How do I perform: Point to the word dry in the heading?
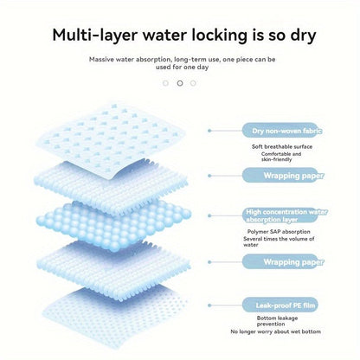coord(303,35)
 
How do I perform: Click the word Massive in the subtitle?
coord(101,60)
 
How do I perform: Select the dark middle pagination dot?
coord(180,83)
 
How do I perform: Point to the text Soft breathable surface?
coord(282,146)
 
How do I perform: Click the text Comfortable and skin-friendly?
coord(281,157)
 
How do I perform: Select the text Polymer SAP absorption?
coord(279,232)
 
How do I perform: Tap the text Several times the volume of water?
coord(279,241)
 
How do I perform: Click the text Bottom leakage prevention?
coord(277,321)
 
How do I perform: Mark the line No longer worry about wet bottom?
coord(275,331)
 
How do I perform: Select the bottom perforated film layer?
coord(112,318)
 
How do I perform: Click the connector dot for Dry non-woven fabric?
coord(209,131)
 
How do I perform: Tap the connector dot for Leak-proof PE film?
coord(209,305)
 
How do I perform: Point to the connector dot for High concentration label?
coord(209,215)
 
